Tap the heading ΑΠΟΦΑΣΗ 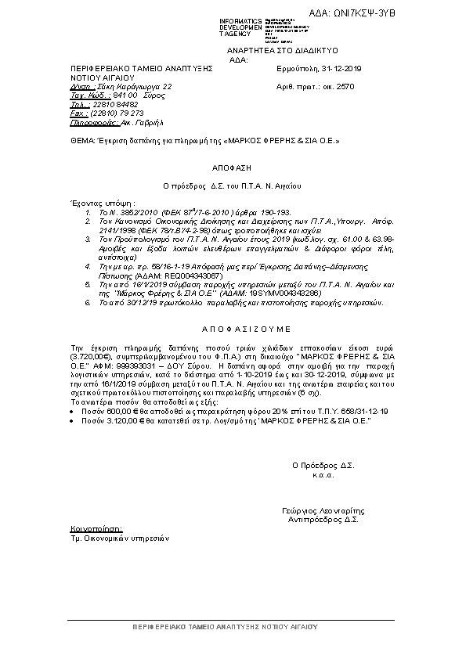click(x=232, y=167)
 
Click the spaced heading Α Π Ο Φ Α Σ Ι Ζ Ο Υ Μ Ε click(x=232, y=329)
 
